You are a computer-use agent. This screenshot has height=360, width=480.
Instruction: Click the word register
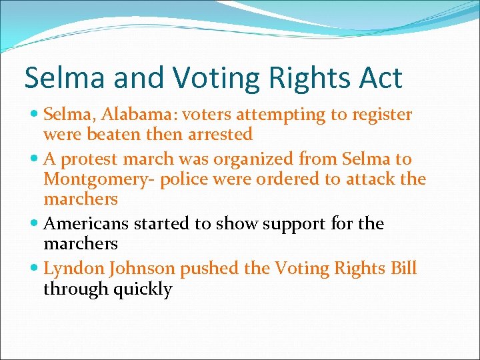(379, 115)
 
